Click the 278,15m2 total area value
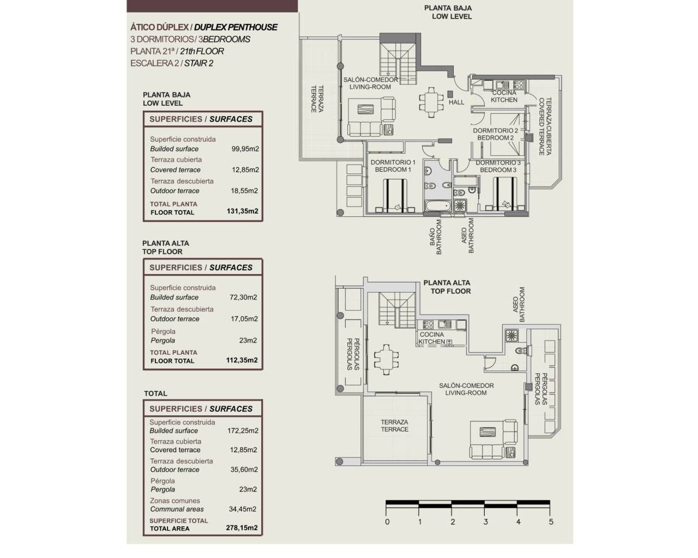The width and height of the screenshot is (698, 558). click(x=242, y=528)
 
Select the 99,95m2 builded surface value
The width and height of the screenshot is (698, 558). click(x=245, y=149)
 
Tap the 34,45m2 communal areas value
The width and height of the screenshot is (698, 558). click(x=242, y=509)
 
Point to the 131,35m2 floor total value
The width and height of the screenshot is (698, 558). click(x=242, y=211)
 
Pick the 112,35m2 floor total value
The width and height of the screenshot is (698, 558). click(x=242, y=360)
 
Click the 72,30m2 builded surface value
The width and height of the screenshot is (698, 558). click(x=243, y=298)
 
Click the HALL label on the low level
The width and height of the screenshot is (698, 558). click(x=456, y=102)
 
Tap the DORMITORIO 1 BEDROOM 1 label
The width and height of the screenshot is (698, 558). click(x=393, y=166)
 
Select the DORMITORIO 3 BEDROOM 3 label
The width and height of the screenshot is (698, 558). click(x=498, y=166)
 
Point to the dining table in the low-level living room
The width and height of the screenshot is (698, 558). click(x=431, y=102)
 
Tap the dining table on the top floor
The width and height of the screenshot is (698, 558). click(x=386, y=360)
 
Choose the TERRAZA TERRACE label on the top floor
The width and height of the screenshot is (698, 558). click(x=394, y=426)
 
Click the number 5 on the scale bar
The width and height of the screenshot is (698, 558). click(x=551, y=521)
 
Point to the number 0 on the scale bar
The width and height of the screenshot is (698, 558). click(x=387, y=521)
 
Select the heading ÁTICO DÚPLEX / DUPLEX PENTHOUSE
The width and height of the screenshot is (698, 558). click(x=204, y=27)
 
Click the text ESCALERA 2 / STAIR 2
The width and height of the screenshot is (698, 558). click(x=172, y=63)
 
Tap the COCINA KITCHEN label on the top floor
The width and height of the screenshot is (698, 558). click(x=432, y=338)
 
